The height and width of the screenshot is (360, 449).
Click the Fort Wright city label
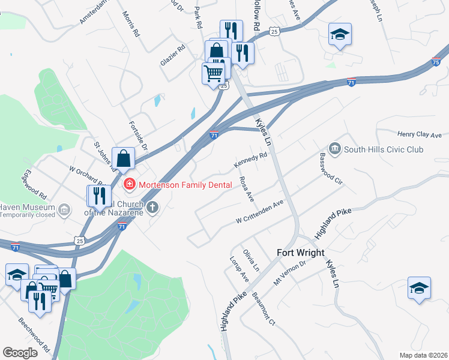click(300, 253)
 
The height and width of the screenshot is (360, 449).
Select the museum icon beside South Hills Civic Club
click(334, 148)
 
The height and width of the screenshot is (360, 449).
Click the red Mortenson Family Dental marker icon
click(128, 184)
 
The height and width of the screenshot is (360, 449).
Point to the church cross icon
click(152, 208)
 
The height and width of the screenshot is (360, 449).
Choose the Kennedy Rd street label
click(250, 161)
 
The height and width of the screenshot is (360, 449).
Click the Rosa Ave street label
click(246, 189)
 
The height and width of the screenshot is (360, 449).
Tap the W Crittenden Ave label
click(259, 212)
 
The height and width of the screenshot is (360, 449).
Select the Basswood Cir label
click(331, 169)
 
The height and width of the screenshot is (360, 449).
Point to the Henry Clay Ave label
click(419, 135)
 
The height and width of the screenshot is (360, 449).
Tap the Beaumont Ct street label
click(264, 308)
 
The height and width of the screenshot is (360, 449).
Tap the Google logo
click(20, 353)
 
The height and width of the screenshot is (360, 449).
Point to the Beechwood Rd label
click(34, 334)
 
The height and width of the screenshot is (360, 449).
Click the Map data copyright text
click(423, 355)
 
